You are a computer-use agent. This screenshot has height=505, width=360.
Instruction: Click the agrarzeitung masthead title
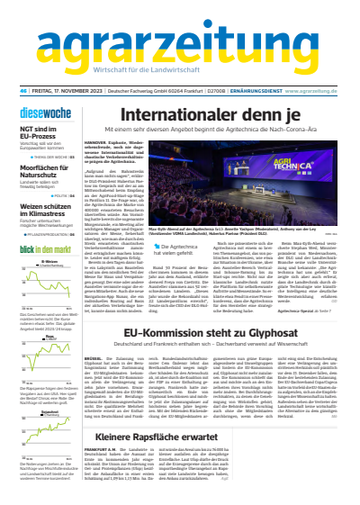coord(181,36)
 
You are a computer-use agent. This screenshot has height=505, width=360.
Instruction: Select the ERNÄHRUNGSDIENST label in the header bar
coord(256,91)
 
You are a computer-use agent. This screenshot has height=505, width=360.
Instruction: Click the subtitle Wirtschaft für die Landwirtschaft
coord(180,68)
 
